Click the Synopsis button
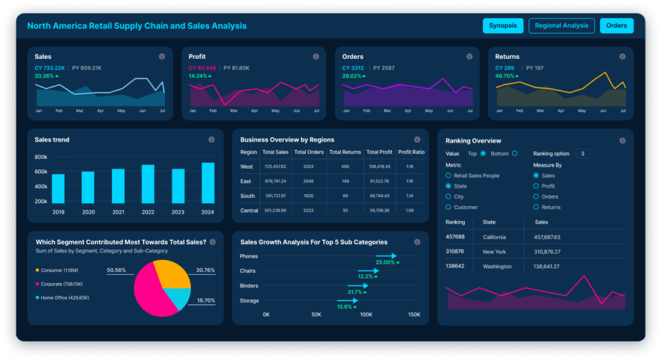point(502,26)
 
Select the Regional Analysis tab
point(561,26)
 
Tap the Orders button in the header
point(617,26)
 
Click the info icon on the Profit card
point(315,57)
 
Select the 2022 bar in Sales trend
point(148,184)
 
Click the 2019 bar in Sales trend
point(58,189)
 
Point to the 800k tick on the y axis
point(41,157)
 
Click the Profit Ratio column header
point(411,152)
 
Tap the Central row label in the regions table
point(248,210)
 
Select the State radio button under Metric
point(449,186)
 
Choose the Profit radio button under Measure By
point(536,186)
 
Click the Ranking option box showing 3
point(582,154)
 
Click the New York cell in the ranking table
point(494,251)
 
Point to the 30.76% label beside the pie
point(206,270)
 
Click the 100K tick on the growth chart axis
point(365,315)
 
